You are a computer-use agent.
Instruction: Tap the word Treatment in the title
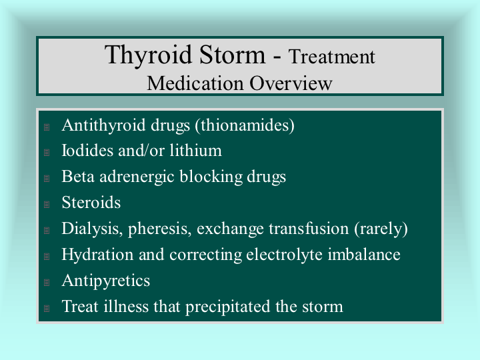click(332, 57)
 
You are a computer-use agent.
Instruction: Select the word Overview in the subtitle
click(291, 83)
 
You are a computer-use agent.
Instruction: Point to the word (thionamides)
click(245, 125)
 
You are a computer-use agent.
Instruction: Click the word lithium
click(196, 150)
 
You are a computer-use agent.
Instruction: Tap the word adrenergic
click(137, 177)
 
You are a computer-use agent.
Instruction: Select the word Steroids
click(91, 203)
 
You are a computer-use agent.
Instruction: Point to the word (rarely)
click(381, 229)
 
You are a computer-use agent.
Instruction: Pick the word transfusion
click(309, 229)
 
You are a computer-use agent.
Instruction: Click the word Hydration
click(97, 255)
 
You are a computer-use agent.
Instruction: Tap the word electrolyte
click(285, 255)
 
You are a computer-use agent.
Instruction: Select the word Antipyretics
click(106, 281)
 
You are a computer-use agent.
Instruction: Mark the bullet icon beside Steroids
click(47, 204)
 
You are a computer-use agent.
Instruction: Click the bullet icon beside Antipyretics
click(47, 282)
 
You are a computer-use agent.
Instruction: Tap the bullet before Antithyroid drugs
click(47, 127)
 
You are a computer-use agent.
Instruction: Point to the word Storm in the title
click(233, 55)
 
